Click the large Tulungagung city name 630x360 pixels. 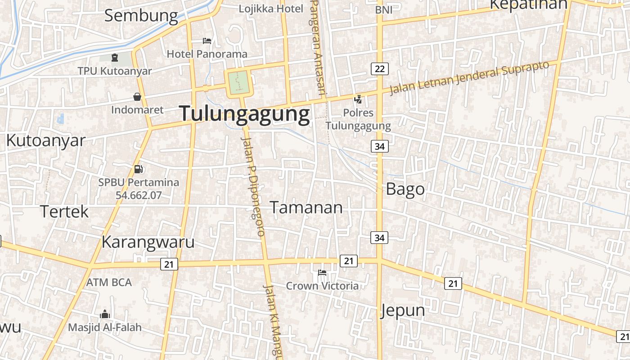click(245, 114)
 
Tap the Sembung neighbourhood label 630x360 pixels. click(141, 15)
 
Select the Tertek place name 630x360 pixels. click(65, 211)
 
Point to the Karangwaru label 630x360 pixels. click(148, 242)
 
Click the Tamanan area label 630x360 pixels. click(306, 207)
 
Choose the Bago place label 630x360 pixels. click(405, 189)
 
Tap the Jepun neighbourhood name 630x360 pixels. click(403, 310)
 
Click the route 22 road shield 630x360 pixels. click(380, 69)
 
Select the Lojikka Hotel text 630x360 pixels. click(271, 9)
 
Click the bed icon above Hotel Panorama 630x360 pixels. click(207, 41)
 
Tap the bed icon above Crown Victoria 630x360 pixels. click(322, 273)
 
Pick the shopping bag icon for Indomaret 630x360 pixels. click(137, 97)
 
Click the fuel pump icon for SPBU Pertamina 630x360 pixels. click(139, 169)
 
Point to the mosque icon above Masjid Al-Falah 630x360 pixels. click(105, 314)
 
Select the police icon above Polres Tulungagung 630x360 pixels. click(358, 99)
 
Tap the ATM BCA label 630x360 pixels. click(109, 282)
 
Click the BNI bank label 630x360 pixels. click(383, 9)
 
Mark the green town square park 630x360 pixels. click(239, 82)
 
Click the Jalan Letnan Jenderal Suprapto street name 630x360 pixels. click(469, 77)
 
